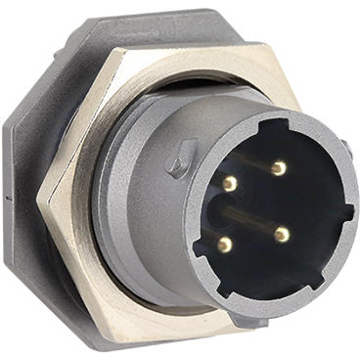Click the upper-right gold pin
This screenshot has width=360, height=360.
[279, 168]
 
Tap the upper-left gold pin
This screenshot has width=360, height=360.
[229, 183]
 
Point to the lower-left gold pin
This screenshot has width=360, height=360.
[226, 245]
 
